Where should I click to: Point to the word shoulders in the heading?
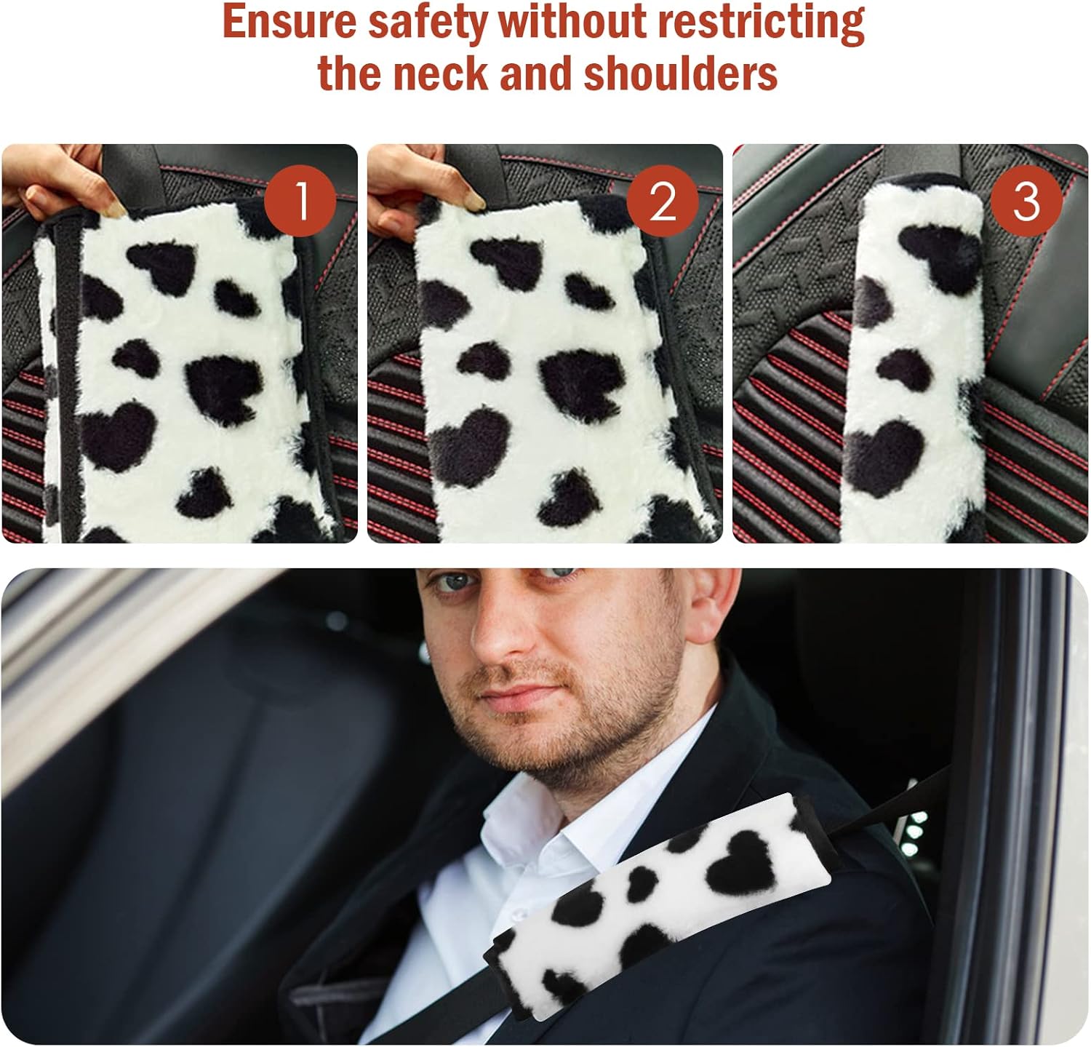pos(680,73)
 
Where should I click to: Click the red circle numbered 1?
pos(300,200)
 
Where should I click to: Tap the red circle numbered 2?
pos(663,200)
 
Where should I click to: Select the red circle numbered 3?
pos(1026,200)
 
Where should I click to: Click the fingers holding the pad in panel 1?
pos(80,182)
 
